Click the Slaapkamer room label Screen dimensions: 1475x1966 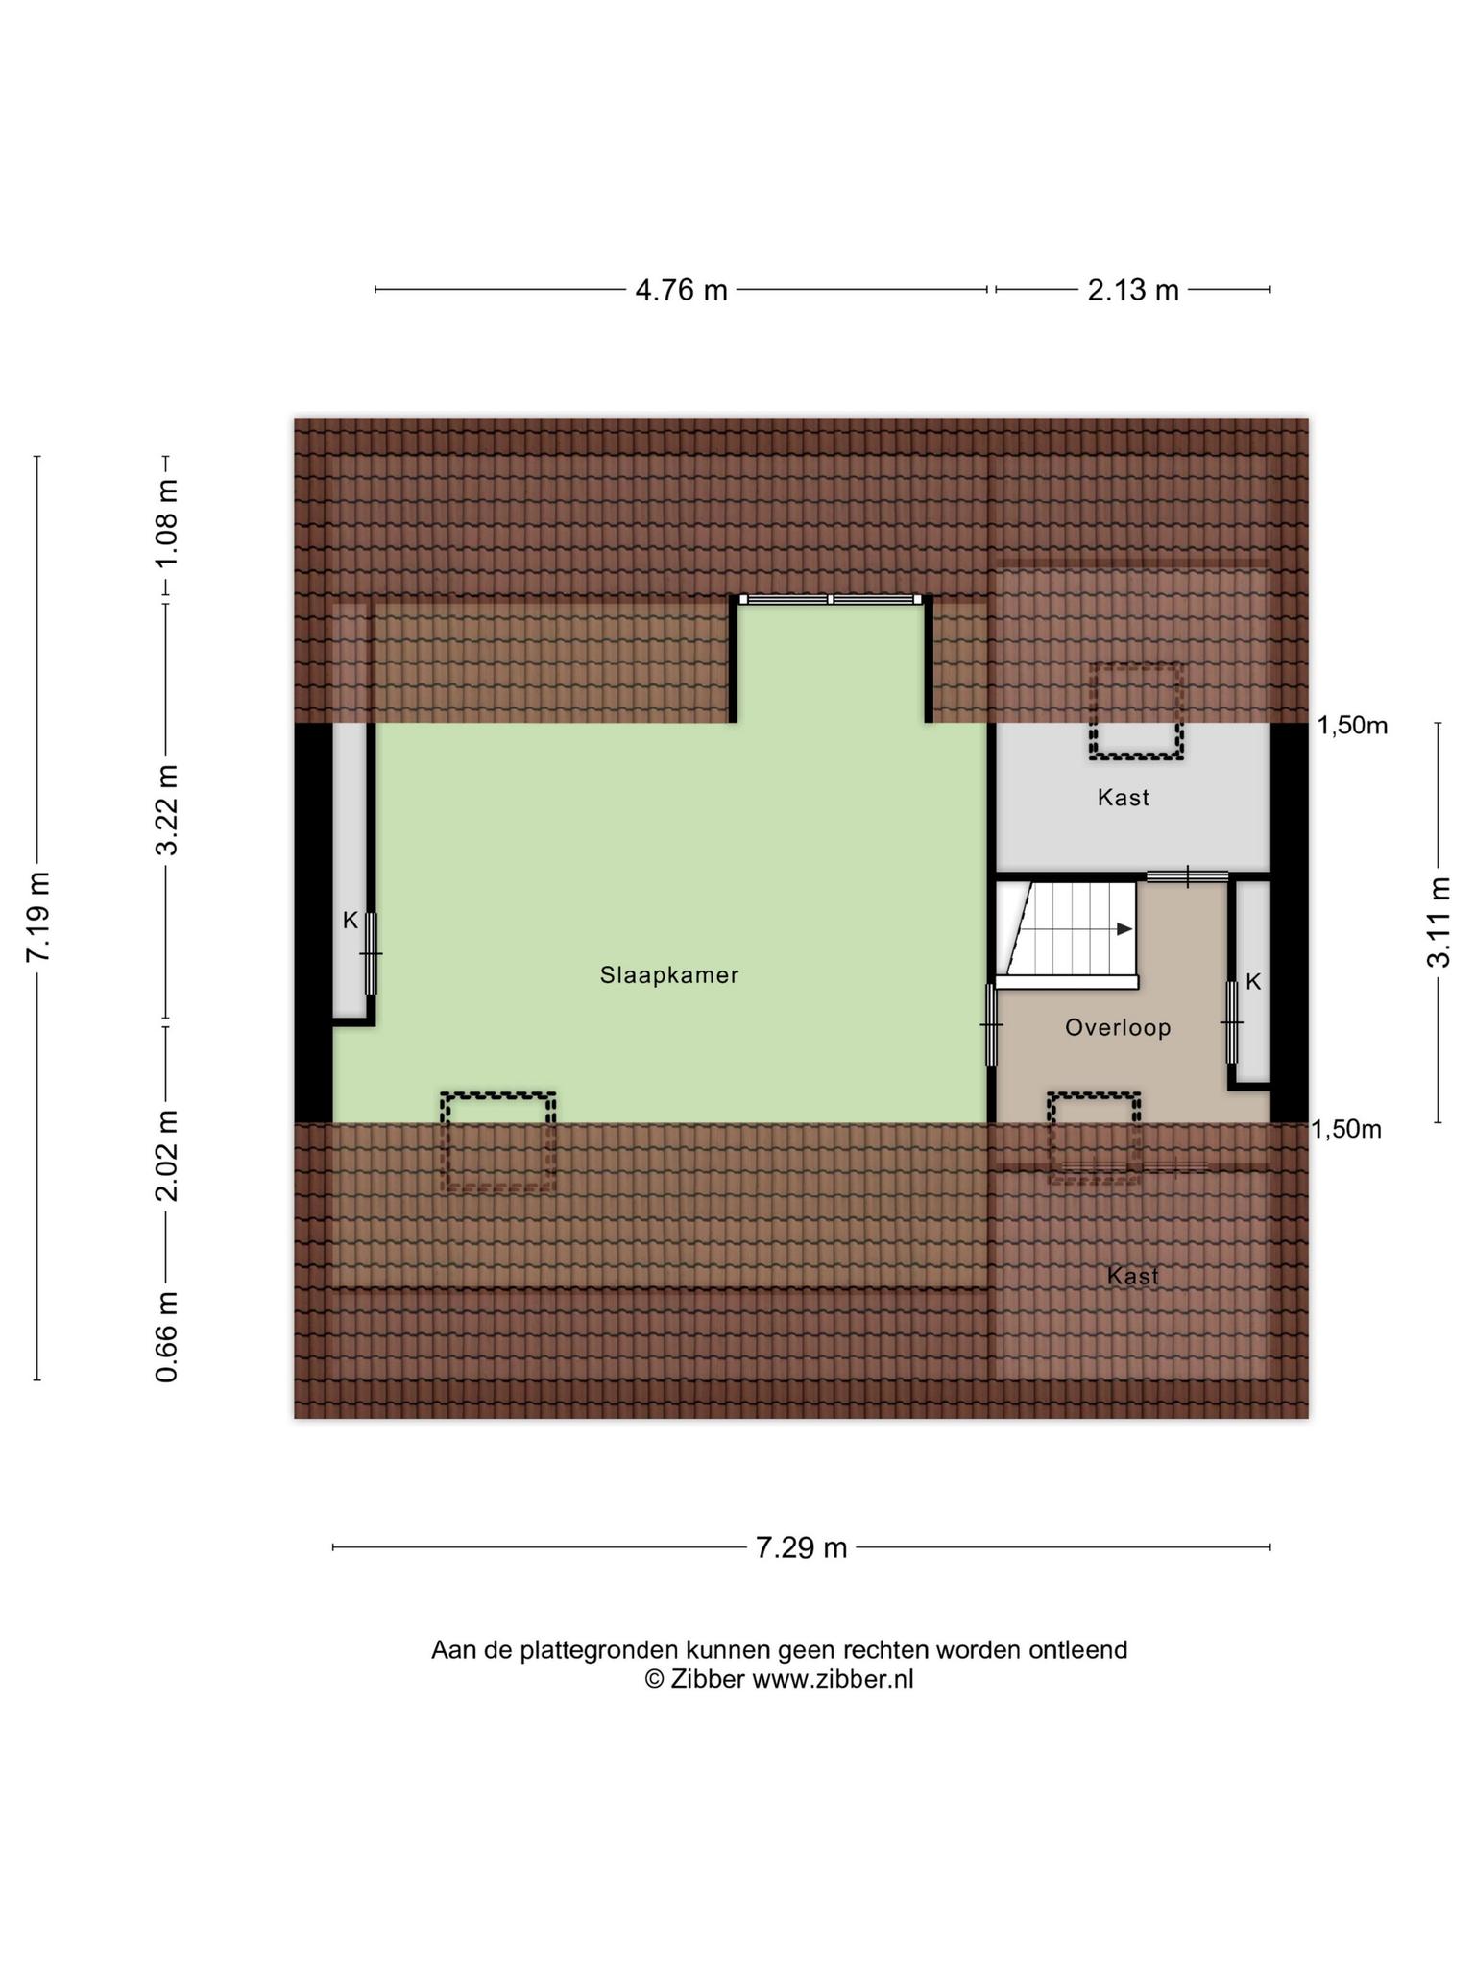(669, 975)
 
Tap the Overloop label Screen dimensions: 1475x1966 (1118, 1028)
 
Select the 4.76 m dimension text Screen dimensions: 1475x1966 (682, 290)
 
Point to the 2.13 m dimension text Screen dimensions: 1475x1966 (1133, 290)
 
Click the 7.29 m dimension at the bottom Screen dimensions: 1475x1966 (801, 1547)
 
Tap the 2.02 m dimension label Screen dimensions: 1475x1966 (167, 1156)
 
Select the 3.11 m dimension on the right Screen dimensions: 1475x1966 (1438, 922)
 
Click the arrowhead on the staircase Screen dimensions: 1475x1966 (1124, 929)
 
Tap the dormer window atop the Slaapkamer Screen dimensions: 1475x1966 (831, 600)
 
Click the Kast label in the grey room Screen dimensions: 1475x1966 (1124, 798)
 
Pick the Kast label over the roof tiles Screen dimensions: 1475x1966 (1133, 1276)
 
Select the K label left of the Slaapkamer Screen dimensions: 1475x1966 (351, 921)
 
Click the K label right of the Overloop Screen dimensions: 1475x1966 (1253, 982)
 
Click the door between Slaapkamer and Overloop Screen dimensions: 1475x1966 (992, 1025)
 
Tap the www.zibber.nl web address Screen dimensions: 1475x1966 (833, 1679)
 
